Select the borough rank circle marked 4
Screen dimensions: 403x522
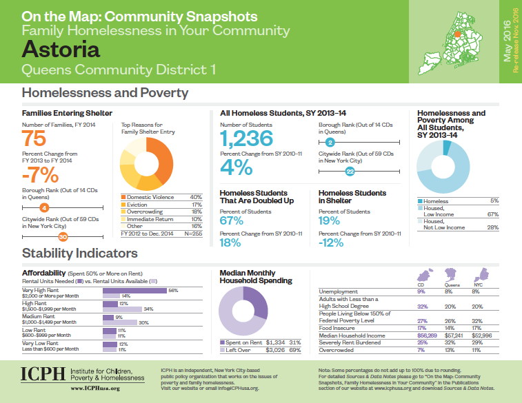(x=44, y=207)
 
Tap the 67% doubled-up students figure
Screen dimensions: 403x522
(x=231, y=220)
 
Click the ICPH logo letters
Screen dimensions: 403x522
(x=43, y=375)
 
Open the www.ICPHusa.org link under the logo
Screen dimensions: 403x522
(x=97, y=389)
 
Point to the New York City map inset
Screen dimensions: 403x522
(x=460, y=38)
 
